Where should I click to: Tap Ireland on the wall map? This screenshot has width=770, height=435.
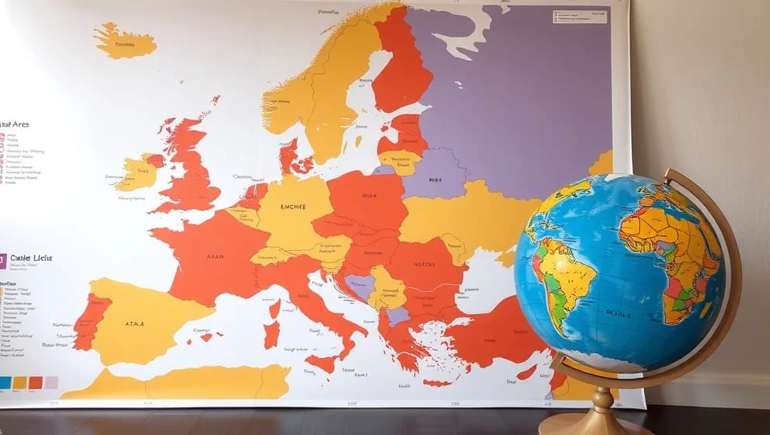pyautogui.click(x=137, y=172)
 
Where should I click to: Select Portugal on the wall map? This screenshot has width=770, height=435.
pyautogui.click(x=91, y=321)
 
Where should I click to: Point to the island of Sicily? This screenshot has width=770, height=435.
pyautogui.click(x=321, y=362)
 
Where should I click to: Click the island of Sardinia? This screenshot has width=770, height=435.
pyautogui.click(x=271, y=335)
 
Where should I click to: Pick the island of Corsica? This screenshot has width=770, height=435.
pyautogui.click(x=274, y=308)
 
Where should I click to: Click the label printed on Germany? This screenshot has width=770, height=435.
pyautogui.click(x=293, y=207)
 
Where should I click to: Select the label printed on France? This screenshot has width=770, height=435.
pyautogui.click(x=215, y=256)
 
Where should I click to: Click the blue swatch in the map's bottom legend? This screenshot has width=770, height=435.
pyautogui.click(x=5, y=382)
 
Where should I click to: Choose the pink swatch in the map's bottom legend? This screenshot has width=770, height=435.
pyautogui.click(x=51, y=382)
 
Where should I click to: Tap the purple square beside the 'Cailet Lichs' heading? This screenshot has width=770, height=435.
pyautogui.click(x=3, y=260)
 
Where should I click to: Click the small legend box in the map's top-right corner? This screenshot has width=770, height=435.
pyautogui.click(x=579, y=16)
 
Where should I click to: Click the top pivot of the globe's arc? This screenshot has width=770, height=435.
pyautogui.click(x=668, y=175)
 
